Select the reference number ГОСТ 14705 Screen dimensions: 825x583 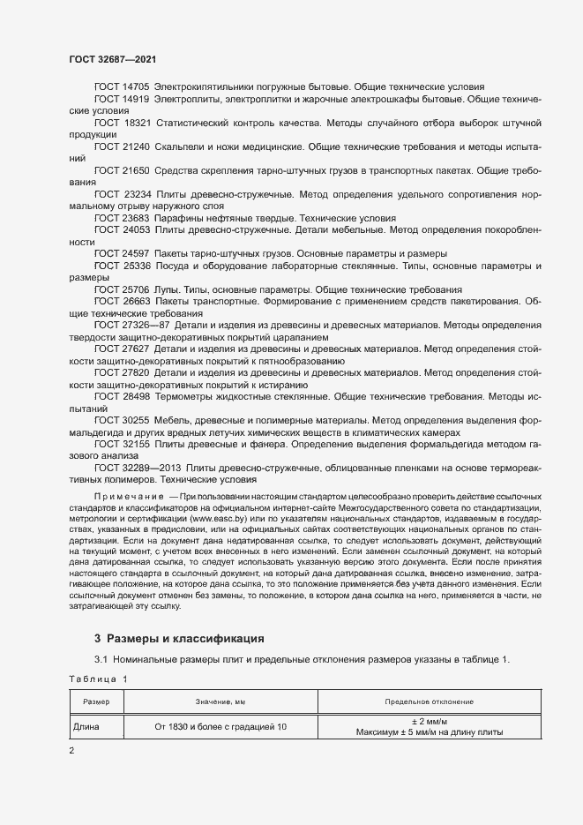122,87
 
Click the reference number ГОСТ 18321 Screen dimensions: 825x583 123,124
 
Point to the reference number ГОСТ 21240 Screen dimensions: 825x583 122,146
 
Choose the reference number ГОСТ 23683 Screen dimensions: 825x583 122,217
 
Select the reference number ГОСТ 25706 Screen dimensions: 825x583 122,289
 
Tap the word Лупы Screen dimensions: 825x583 168,289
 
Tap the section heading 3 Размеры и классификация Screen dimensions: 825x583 178,638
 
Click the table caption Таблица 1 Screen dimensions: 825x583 98,679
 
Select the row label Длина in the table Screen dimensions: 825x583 87,727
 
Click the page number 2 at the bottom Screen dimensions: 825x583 71,751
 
